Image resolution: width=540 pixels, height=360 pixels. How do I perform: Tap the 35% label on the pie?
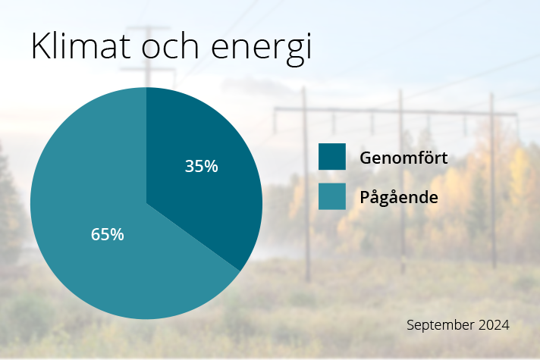point(201,167)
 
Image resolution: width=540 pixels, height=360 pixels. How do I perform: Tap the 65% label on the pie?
point(107,235)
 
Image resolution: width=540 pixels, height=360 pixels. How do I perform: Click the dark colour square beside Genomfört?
point(331,157)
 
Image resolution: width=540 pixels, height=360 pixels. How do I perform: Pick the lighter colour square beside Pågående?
point(331,196)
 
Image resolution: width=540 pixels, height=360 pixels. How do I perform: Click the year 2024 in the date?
point(494,324)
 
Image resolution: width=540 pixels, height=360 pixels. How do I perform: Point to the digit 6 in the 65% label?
point(96,235)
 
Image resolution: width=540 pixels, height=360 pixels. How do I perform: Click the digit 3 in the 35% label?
point(190,167)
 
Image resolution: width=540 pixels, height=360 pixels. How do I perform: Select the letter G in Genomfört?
point(366,158)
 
